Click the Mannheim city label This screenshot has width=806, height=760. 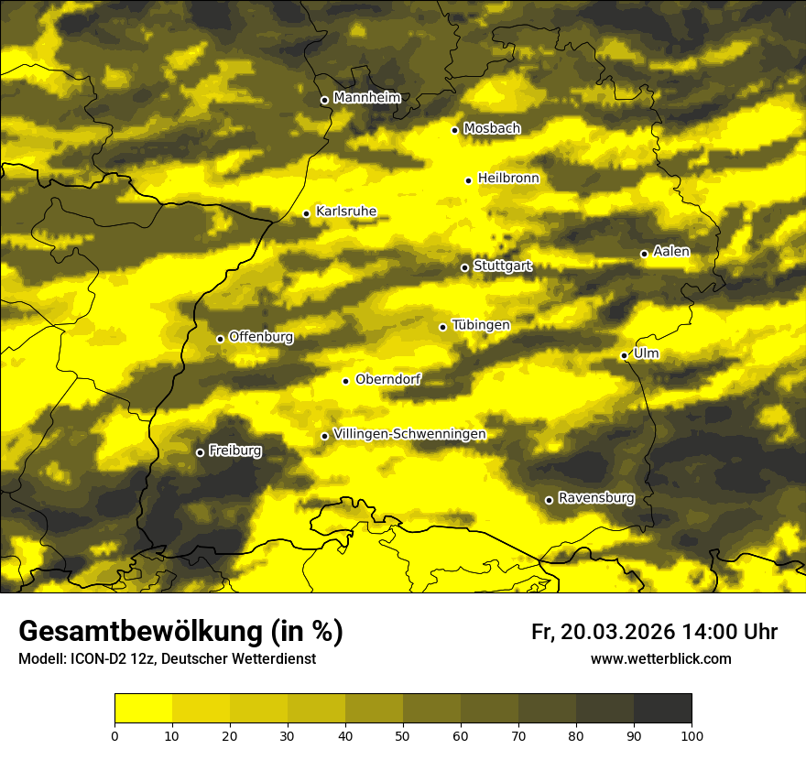point(367,98)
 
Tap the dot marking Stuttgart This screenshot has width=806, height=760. point(464,267)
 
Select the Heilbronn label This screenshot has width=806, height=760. point(508,179)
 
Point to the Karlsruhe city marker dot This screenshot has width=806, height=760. point(307,213)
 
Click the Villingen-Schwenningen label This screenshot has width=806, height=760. point(409,434)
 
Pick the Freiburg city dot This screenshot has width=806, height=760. point(200,452)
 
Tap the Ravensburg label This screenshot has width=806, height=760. point(595,498)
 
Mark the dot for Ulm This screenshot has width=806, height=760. point(624,355)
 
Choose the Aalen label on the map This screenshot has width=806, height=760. point(671,252)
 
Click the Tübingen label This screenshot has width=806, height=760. point(481,325)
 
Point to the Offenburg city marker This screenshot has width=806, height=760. point(220,339)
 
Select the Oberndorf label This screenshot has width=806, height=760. point(387,379)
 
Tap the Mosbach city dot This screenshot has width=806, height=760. point(454,130)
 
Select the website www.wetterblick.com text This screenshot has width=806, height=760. point(661,658)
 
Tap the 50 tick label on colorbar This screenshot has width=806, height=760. point(403,734)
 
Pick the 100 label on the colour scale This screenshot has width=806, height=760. point(692,734)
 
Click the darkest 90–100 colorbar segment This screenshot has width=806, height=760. point(662,709)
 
